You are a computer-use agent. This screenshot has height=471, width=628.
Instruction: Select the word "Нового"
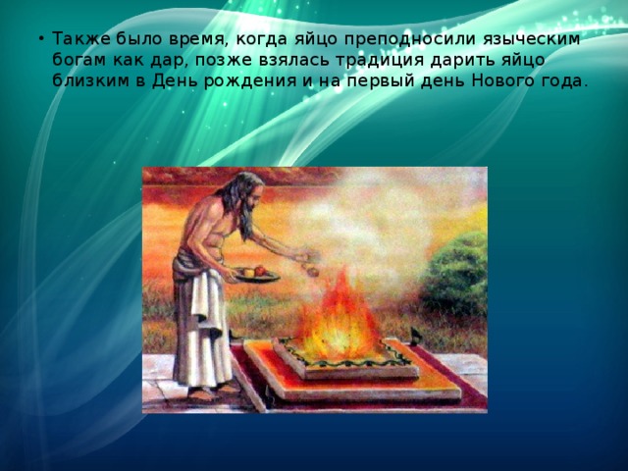point(495,81)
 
